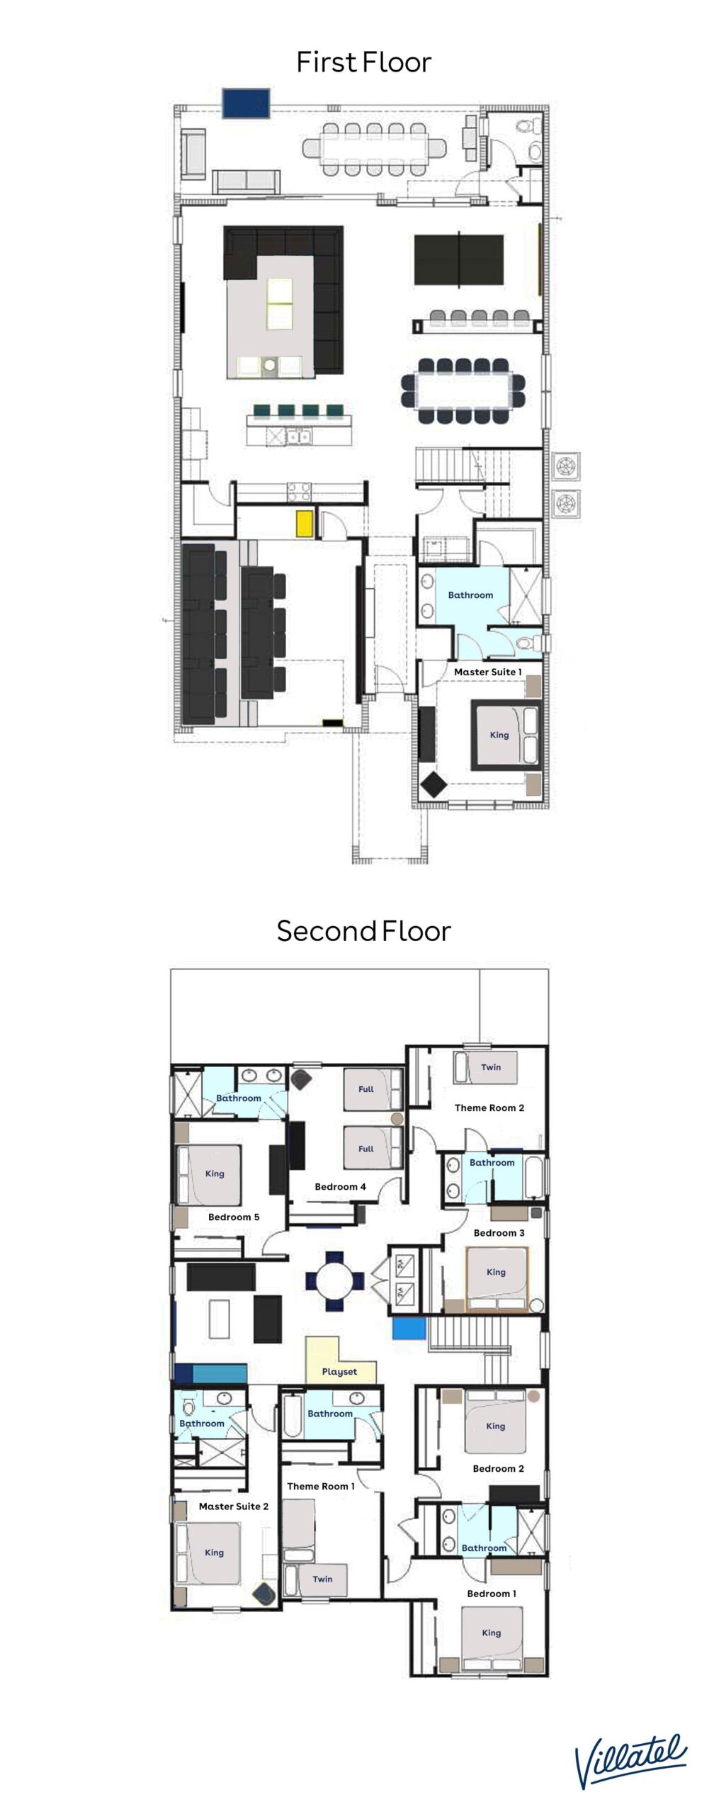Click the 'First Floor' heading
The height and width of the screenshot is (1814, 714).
tap(363, 62)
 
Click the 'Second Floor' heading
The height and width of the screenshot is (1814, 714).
tap(363, 931)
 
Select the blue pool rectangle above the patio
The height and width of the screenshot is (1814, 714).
tap(246, 103)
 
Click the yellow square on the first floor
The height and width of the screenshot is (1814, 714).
tap(305, 523)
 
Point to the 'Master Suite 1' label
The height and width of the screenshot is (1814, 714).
tap(487, 672)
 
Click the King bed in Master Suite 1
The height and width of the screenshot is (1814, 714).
tap(506, 735)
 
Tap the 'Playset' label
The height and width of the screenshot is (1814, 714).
tap(339, 1371)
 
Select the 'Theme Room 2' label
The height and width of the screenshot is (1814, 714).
tap(489, 1108)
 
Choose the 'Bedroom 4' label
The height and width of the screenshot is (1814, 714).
tap(340, 1186)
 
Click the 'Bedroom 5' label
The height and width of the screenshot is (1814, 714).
tap(234, 1217)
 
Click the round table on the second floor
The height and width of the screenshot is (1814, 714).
tap(335, 1281)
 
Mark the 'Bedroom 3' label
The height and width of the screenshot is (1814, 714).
tap(499, 1232)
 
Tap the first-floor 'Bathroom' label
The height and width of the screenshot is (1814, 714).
tap(470, 595)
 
